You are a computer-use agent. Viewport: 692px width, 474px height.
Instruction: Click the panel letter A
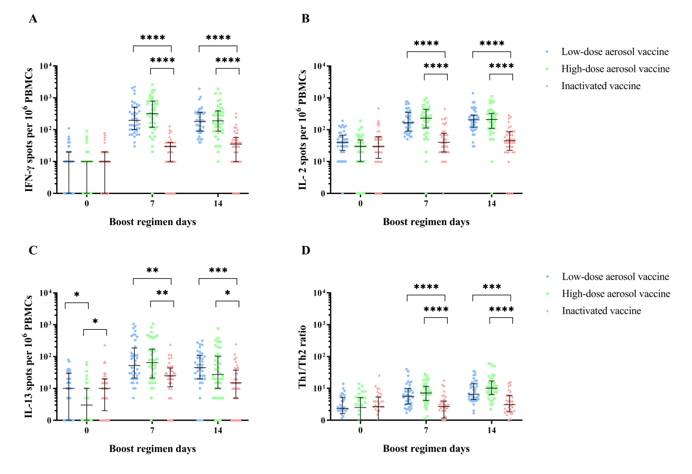pyautogui.click(x=34, y=19)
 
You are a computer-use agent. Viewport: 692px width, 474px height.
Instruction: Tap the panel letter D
pyautogui.click(x=306, y=248)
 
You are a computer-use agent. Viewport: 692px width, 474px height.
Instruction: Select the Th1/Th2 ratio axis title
pyautogui.click(x=302, y=356)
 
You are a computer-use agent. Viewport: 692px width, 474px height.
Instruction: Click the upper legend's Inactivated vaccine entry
pyautogui.click(x=600, y=86)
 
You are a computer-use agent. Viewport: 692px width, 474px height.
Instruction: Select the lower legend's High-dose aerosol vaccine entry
pyautogui.click(x=615, y=293)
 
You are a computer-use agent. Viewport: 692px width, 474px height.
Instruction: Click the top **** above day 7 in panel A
pyautogui.click(x=153, y=38)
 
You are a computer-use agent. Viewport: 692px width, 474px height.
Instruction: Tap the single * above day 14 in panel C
pyautogui.click(x=227, y=293)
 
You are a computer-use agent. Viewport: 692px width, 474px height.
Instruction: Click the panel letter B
pyautogui.click(x=306, y=19)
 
